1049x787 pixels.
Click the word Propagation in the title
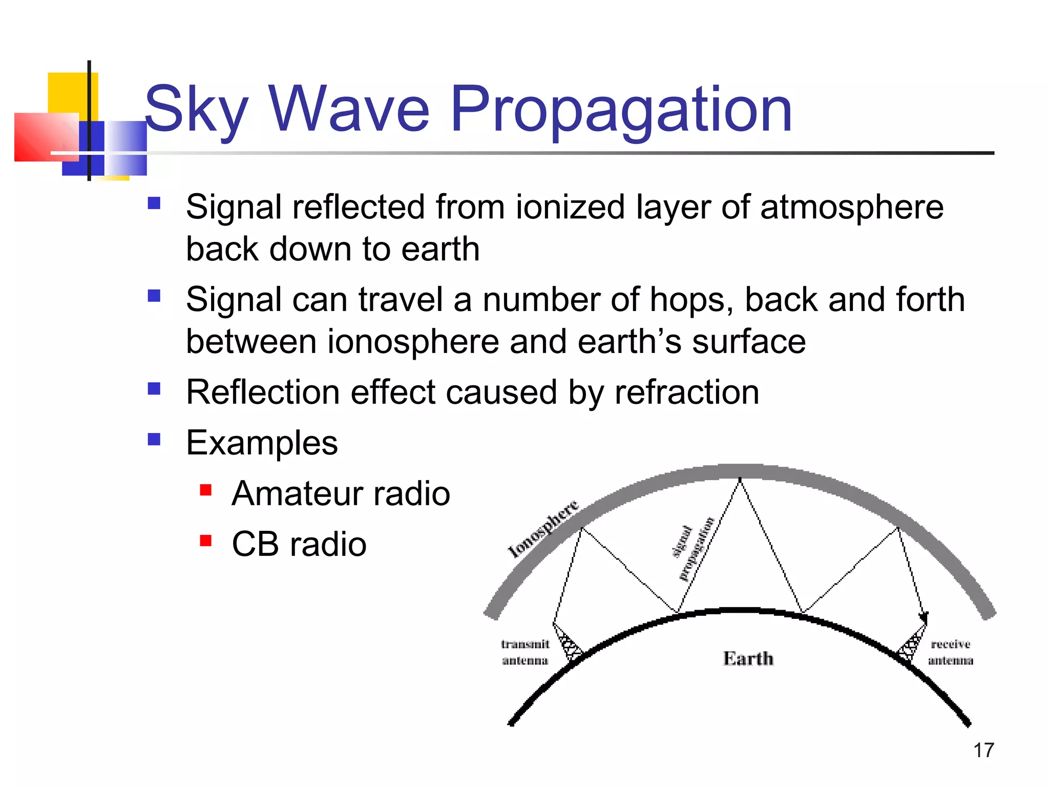click(x=621, y=110)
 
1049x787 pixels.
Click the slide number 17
click(x=983, y=751)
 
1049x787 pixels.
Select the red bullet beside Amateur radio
click(x=206, y=490)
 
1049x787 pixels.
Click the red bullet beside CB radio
click(x=206, y=541)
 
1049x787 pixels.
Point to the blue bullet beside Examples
click(x=154, y=440)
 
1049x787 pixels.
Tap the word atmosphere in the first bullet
click(x=851, y=208)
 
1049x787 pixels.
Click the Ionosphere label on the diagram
click(x=543, y=529)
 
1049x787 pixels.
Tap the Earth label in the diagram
click(x=748, y=658)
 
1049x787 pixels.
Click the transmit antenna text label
click(x=525, y=652)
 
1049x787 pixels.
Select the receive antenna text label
click(x=950, y=652)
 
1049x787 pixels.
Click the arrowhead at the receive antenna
click(x=924, y=617)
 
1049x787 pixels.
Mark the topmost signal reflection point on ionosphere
click(x=740, y=480)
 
